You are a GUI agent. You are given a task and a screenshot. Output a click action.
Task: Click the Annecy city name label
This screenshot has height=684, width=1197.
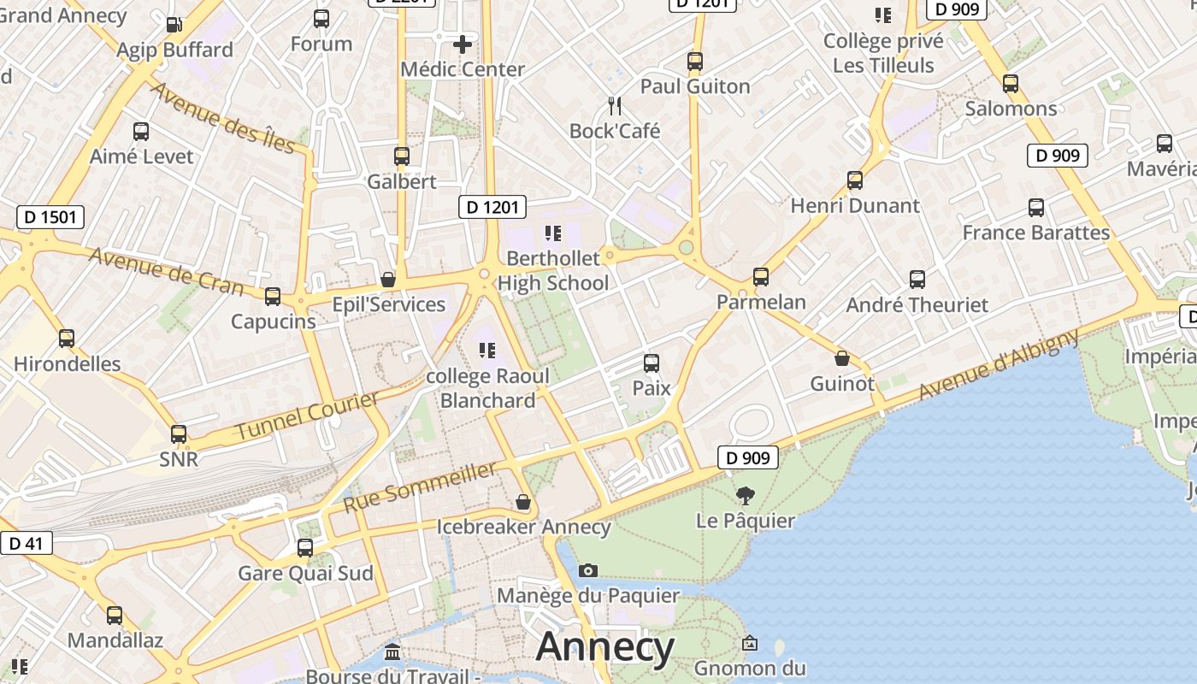coord(604,647)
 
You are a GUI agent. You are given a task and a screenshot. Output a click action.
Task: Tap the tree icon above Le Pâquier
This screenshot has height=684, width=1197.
coord(746,495)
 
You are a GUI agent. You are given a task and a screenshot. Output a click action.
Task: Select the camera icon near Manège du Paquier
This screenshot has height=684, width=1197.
coord(588,570)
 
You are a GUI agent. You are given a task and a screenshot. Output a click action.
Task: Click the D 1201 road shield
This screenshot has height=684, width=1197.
coord(492,207)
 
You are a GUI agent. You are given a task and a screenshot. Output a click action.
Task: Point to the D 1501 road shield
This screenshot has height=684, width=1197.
coord(50,216)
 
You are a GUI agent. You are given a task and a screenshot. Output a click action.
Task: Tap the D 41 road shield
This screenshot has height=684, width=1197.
coord(26,543)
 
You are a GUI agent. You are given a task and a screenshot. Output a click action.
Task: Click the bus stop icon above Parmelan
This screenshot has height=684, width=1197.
coord(761,277)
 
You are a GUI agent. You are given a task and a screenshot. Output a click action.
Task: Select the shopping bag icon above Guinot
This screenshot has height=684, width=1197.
coord(842,358)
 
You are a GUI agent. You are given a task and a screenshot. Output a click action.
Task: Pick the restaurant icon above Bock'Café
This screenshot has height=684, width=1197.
coord(615,106)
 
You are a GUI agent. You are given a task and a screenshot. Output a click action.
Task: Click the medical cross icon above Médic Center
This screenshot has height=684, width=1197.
coord(463,44)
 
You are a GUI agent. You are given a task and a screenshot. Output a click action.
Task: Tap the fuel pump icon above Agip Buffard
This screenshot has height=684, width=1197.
coord(174,25)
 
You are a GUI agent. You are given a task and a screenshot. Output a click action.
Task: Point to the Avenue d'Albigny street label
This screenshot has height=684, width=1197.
coord(999,365)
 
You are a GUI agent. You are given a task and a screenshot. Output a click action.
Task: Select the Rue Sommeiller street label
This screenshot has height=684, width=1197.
coord(420,487)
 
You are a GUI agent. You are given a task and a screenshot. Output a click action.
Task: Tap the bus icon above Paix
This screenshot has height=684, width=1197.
coord(652,363)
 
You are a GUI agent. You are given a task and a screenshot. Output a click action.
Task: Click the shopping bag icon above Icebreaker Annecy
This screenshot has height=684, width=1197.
coord(523,502)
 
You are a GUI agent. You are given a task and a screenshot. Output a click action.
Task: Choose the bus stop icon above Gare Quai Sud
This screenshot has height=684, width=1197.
coord(305,548)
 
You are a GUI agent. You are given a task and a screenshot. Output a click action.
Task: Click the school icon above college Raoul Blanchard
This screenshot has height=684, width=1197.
coord(487,350)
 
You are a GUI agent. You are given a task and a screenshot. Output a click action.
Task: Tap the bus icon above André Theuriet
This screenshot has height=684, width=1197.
coord(917,280)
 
